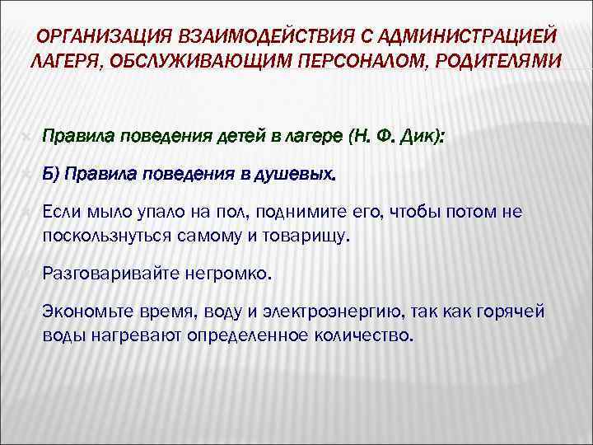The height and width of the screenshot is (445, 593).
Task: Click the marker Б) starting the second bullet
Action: pyautogui.click(x=50, y=174)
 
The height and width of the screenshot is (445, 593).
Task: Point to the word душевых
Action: pyautogui.click(x=302, y=174)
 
